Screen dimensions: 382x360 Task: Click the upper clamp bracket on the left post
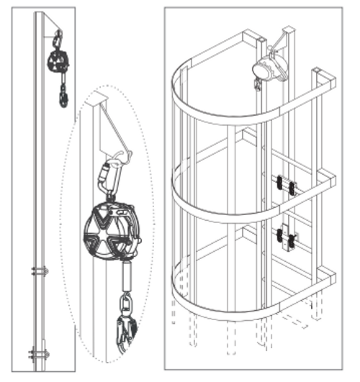click(40, 271)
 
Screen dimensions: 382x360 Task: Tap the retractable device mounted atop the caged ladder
click(268, 68)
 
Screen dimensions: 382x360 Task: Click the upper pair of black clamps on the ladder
click(284, 186)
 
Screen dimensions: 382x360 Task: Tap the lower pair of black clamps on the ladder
click(285, 237)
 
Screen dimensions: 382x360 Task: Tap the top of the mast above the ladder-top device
click(289, 30)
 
